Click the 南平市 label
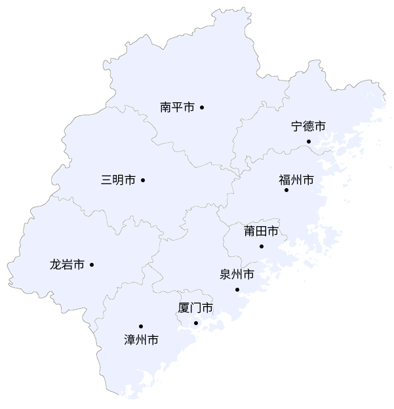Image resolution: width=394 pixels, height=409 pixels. pyautogui.click(x=177, y=107)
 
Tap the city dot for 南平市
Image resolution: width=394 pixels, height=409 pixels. pyautogui.click(x=203, y=107)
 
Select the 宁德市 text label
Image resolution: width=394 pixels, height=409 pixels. pyautogui.click(x=308, y=127)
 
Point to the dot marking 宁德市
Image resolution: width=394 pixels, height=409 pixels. pyautogui.click(x=309, y=142)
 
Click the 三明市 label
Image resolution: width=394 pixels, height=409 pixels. pyautogui.click(x=118, y=180)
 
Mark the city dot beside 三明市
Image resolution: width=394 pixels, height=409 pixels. pyautogui.click(x=143, y=180)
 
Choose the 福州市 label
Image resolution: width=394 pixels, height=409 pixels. pyautogui.click(x=296, y=180)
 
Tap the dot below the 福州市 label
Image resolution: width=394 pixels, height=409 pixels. pyautogui.click(x=286, y=190)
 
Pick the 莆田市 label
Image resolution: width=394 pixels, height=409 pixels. pyautogui.click(x=260, y=231)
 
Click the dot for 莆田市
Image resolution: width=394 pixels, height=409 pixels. pyautogui.click(x=262, y=246)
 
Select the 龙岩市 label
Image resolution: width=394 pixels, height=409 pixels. pyautogui.click(x=67, y=265)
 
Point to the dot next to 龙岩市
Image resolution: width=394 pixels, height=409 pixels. pyautogui.click(x=92, y=265)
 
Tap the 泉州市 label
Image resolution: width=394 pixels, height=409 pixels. pyautogui.click(x=237, y=275)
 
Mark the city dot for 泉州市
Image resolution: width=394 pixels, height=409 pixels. pyautogui.click(x=237, y=290)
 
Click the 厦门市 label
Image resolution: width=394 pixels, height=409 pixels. pyautogui.click(x=195, y=308)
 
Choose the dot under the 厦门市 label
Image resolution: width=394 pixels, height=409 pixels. pyautogui.click(x=196, y=323)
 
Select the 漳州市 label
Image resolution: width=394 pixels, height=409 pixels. pyautogui.click(x=141, y=340)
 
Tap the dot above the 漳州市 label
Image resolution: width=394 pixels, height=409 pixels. pyautogui.click(x=141, y=326)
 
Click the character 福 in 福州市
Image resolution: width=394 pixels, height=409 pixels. pyautogui.click(x=285, y=180)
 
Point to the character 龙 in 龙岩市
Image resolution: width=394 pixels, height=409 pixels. pyautogui.click(x=56, y=265)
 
